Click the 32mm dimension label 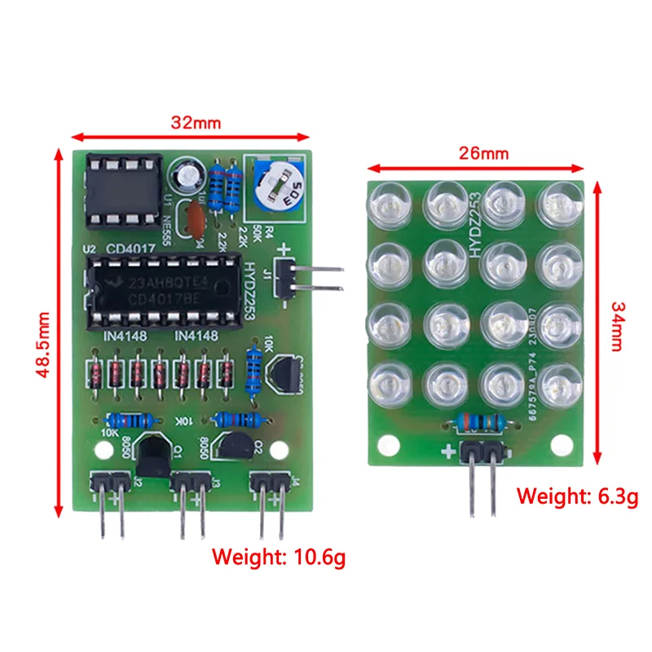[x=196, y=122]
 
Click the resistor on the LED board [x=480, y=422]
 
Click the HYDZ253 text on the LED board [x=476, y=228]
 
